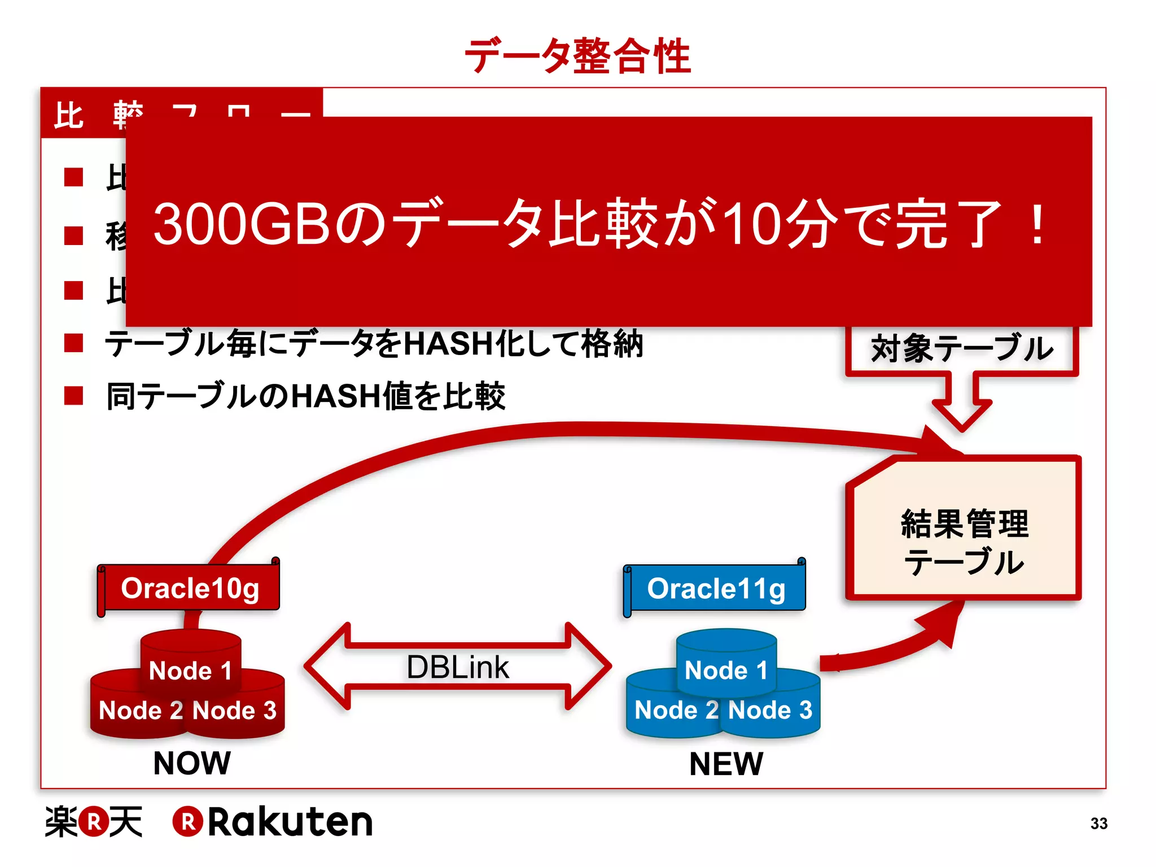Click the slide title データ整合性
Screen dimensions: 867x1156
click(577, 56)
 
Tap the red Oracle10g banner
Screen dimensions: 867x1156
click(190, 588)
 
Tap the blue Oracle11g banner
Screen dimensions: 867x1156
click(716, 588)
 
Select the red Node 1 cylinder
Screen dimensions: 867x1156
click(191, 660)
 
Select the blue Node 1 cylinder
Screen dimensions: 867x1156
click(726, 660)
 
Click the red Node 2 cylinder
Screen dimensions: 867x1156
click(133, 710)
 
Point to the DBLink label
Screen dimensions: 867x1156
click(458, 667)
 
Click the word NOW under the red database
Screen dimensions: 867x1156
click(192, 763)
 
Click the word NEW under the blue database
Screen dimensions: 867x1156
click(726, 764)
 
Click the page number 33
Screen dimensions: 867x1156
click(1098, 824)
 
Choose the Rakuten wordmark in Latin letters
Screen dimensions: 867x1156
click(290, 822)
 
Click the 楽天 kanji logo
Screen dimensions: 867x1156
click(94, 822)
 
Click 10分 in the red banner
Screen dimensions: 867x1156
click(781, 225)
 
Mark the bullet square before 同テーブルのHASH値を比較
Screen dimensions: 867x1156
click(74, 396)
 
